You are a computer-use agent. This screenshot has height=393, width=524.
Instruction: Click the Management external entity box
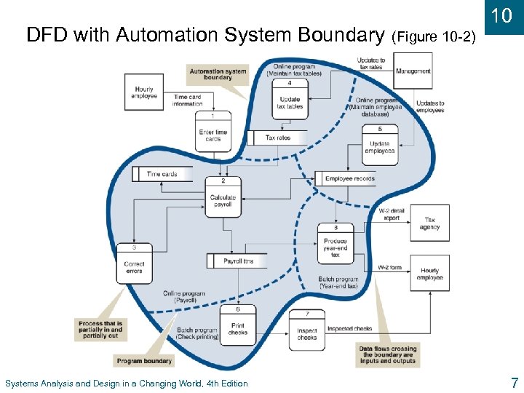[413, 71]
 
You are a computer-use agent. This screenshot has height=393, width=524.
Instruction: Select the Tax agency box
[429, 223]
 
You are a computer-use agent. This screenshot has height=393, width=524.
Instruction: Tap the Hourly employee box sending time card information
[144, 92]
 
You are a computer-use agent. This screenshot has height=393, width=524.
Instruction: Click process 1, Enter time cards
[213, 132]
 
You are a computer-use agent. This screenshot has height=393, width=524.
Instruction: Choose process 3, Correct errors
[134, 263]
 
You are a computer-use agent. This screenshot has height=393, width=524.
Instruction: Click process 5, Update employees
[380, 143]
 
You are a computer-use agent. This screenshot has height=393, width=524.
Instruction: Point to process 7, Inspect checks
[307, 330]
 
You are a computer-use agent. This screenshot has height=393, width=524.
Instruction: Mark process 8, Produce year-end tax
[336, 245]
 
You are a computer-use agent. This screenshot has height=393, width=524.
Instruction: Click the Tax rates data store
[277, 138]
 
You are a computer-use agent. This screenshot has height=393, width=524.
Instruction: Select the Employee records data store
[349, 178]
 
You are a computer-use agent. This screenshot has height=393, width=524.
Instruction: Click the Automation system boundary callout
[218, 74]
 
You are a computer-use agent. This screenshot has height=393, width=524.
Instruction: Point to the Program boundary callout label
[144, 360]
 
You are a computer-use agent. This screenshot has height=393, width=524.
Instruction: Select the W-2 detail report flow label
[391, 214]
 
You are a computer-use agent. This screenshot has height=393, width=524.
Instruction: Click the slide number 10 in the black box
[502, 16]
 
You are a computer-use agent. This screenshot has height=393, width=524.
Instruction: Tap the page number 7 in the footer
[514, 382]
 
